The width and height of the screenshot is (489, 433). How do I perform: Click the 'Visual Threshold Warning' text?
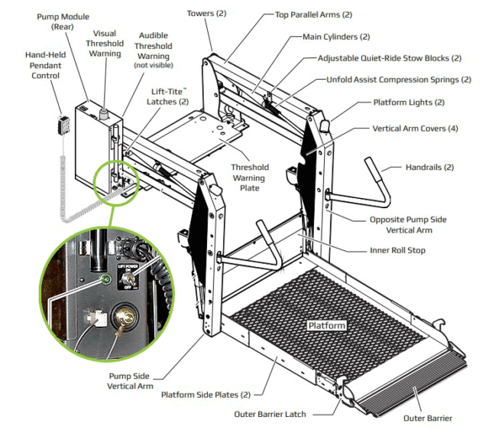click(x=104, y=44)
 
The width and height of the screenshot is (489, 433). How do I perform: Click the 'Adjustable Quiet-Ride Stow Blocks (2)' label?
click(x=390, y=57)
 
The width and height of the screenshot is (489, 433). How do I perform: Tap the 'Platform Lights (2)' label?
click(x=408, y=102)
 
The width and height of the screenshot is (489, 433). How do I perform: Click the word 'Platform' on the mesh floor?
click(x=327, y=325)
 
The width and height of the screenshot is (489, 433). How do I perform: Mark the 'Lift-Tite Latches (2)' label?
click(x=167, y=96)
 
